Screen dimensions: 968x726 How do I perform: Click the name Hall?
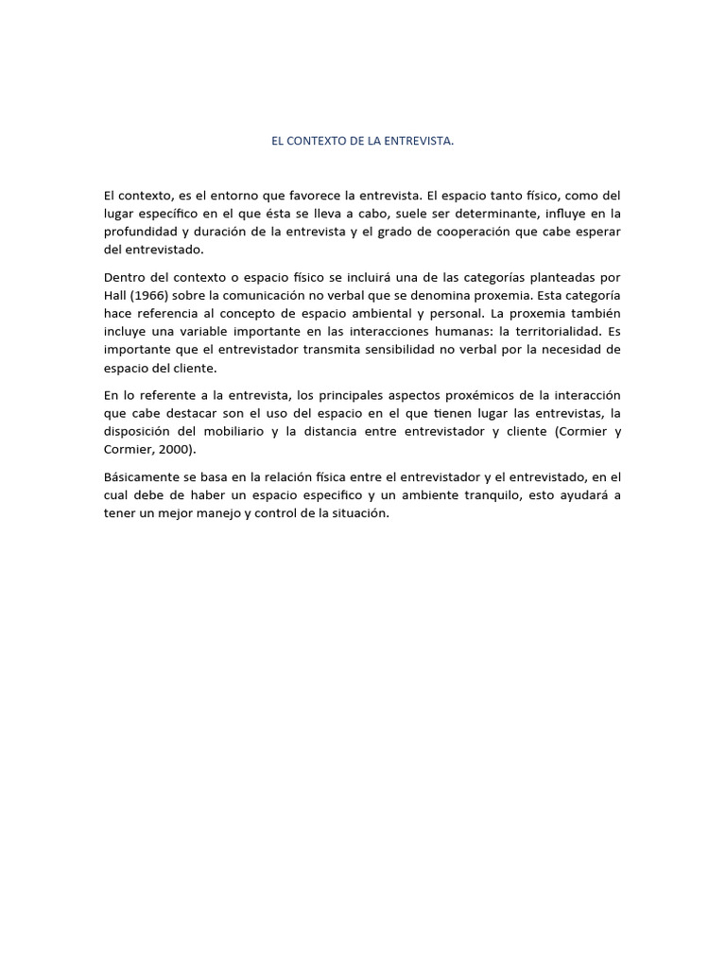(x=117, y=296)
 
